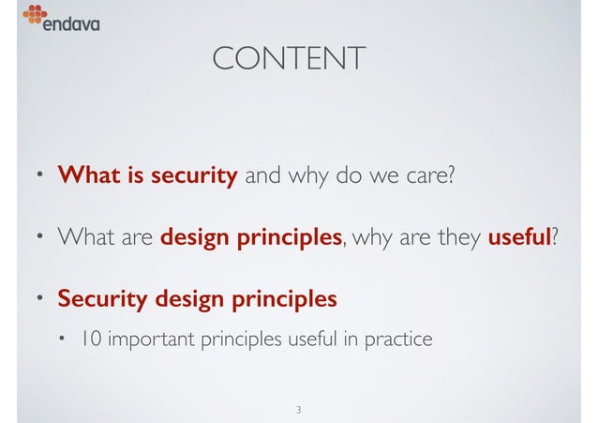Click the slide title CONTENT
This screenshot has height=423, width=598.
coord(289,60)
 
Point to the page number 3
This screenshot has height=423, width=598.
coord(297,410)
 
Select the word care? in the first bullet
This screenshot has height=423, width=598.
coord(429,175)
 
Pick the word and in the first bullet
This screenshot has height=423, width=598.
coord(262,175)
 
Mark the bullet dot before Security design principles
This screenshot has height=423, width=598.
coord(38,299)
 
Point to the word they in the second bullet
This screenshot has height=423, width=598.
coord(456,237)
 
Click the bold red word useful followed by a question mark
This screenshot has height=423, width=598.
coord(517,237)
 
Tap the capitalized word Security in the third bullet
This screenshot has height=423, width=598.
coord(97,300)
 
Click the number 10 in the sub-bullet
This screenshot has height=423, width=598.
coord(91,339)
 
